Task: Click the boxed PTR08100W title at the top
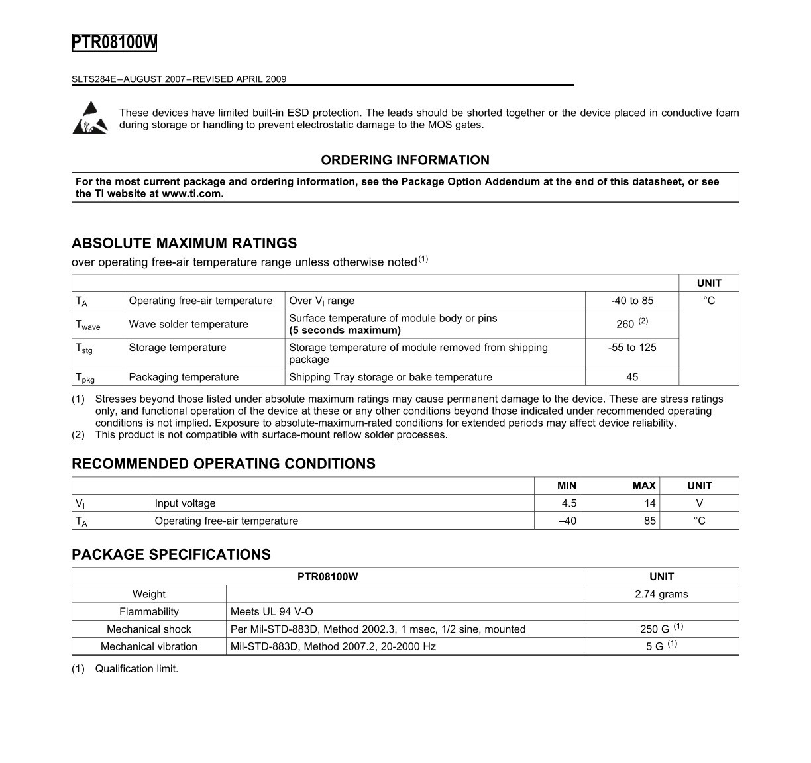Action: pyautogui.click(x=114, y=42)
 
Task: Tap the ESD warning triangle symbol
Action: pyautogui.click(x=89, y=118)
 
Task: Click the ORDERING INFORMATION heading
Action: pyautogui.click(x=405, y=160)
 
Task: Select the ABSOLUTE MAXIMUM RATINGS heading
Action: pyautogui.click(x=184, y=243)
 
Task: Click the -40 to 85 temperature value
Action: pyautogui.click(x=631, y=301)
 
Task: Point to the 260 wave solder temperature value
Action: pyautogui.click(x=625, y=324)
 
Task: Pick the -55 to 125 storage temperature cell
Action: pyautogui.click(x=631, y=348)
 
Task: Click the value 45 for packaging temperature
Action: pyautogui.click(x=631, y=377)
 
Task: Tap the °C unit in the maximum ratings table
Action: pyautogui.click(x=708, y=301)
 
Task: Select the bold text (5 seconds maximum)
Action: pyautogui.click(x=345, y=330)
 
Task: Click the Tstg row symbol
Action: pyautogui.click(x=84, y=348)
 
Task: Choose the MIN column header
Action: pyautogui.click(x=567, y=485)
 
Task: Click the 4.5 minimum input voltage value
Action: pyautogui.click(x=568, y=503)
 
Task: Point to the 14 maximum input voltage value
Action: pyautogui.click(x=649, y=503)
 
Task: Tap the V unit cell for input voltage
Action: pyautogui.click(x=699, y=503)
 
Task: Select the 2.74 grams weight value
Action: pyautogui.click(x=661, y=594)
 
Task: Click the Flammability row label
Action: pyautogui.click(x=149, y=611)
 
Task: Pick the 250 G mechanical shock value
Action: pyautogui.click(x=656, y=629)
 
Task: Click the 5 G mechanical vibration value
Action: pyautogui.click(x=656, y=646)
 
